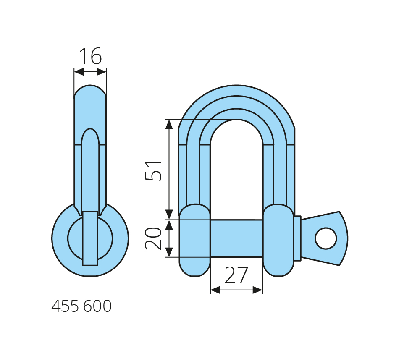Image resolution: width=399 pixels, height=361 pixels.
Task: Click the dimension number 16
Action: [x=91, y=56]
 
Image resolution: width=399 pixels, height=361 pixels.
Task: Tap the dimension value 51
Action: [x=153, y=171]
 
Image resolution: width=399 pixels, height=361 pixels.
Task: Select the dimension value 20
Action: [x=153, y=238]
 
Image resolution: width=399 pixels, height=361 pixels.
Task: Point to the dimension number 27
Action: [x=236, y=275]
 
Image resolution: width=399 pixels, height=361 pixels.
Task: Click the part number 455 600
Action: [x=81, y=306]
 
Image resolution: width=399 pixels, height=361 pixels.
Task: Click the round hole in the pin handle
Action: [x=326, y=238]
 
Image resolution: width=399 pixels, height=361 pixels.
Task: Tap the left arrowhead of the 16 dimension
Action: [x=79, y=72]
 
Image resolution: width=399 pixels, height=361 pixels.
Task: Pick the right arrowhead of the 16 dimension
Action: [x=102, y=72]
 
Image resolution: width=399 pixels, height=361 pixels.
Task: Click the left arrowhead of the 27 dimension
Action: [x=215, y=290]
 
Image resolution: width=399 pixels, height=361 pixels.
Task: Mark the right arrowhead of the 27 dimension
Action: [x=258, y=290]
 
